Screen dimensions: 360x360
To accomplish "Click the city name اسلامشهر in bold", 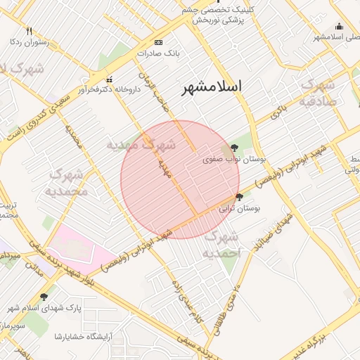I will click(212, 86).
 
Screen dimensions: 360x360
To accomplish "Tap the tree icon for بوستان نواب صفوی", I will click(233, 148).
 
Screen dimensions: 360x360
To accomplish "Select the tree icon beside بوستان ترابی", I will click(240, 197).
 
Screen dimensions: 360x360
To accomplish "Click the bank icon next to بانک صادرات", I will click(157, 42).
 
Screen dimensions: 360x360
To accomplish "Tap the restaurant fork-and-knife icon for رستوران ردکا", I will click(29, 31).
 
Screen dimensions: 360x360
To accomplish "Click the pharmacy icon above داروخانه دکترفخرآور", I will click(109, 79).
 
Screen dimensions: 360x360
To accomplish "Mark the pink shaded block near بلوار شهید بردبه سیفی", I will click(79, 245).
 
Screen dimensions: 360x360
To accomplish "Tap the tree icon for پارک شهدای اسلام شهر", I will click(45, 297).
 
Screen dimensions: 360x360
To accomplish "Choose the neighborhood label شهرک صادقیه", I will click(321, 93).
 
